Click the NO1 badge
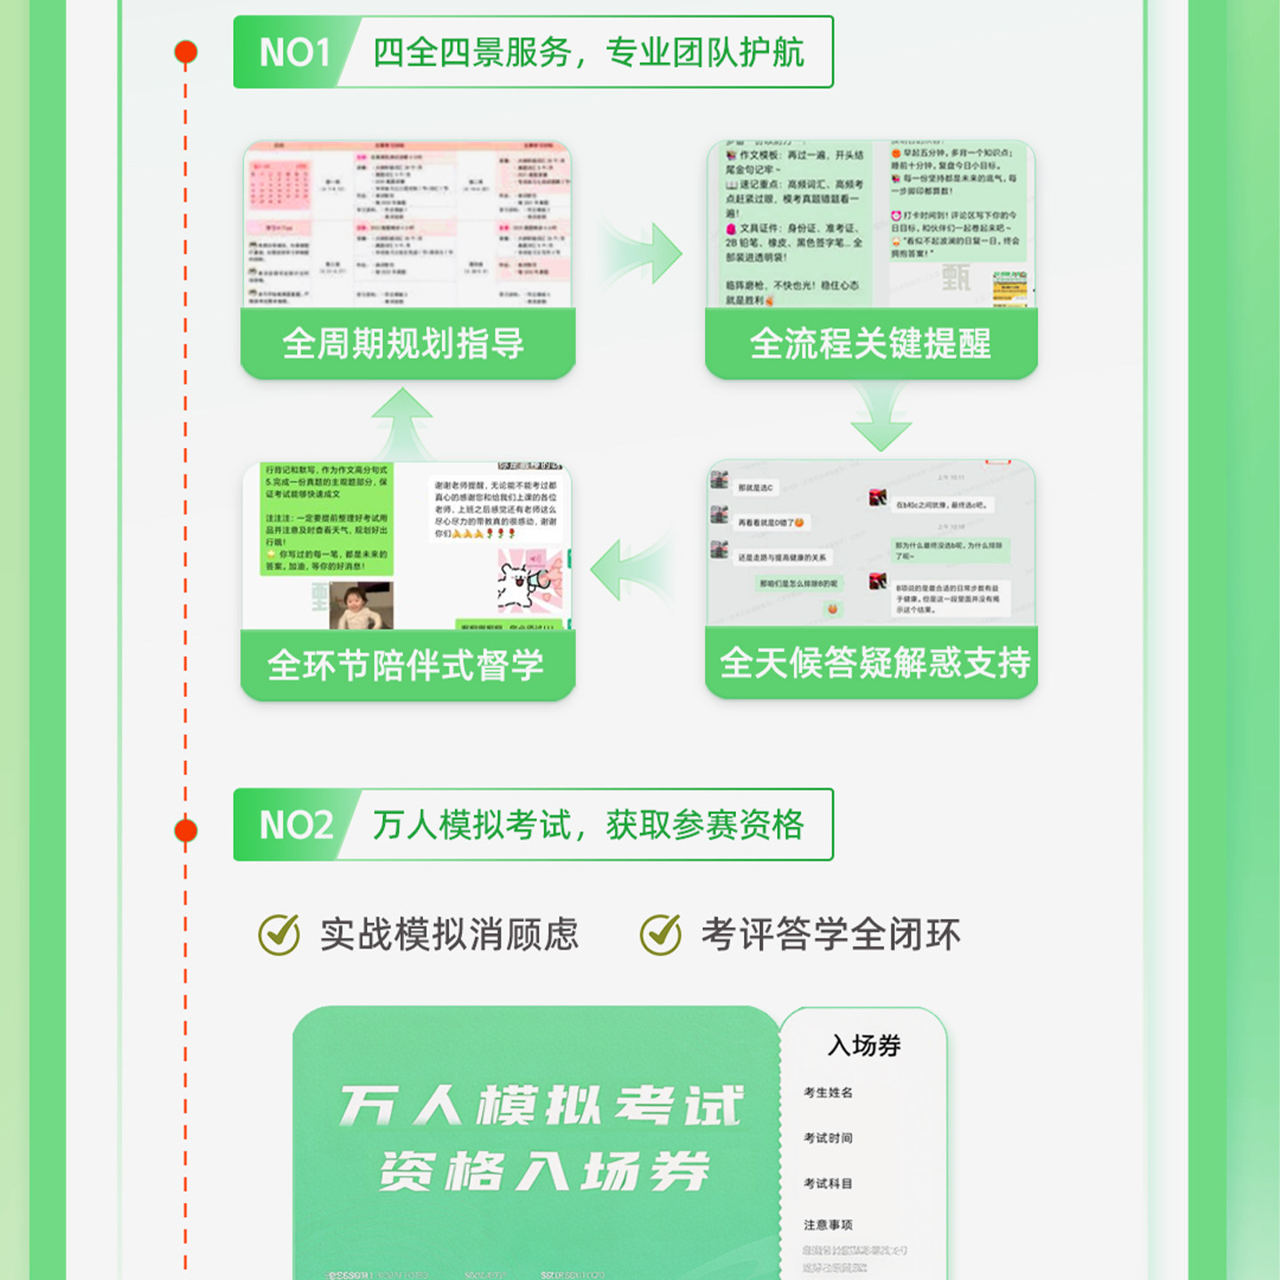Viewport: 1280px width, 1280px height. [x=294, y=52]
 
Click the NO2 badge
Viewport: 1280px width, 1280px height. [x=295, y=825]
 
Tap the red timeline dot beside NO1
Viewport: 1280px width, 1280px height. [x=186, y=52]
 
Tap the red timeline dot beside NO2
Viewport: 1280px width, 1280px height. [x=186, y=830]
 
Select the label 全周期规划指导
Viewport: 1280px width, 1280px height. [x=404, y=344]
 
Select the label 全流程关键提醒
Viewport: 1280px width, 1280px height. [x=870, y=344]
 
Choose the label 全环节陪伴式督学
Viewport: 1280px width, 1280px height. [x=405, y=666]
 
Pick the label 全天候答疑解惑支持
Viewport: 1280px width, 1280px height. [x=875, y=663]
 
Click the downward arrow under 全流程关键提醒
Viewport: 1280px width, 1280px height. [x=880, y=419]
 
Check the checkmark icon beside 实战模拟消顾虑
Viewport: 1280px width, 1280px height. [x=280, y=934]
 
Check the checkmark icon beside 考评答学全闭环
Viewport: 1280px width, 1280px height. [x=661, y=934]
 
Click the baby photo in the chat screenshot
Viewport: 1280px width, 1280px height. [x=361, y=605]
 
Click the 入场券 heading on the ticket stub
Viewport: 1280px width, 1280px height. [x=864, y=1045]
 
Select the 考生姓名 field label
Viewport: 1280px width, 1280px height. [x=828, y=1092]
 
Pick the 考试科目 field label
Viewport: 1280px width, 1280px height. [x=828, y=1183]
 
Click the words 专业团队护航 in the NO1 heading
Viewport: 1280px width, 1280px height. [x=705, y=52]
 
